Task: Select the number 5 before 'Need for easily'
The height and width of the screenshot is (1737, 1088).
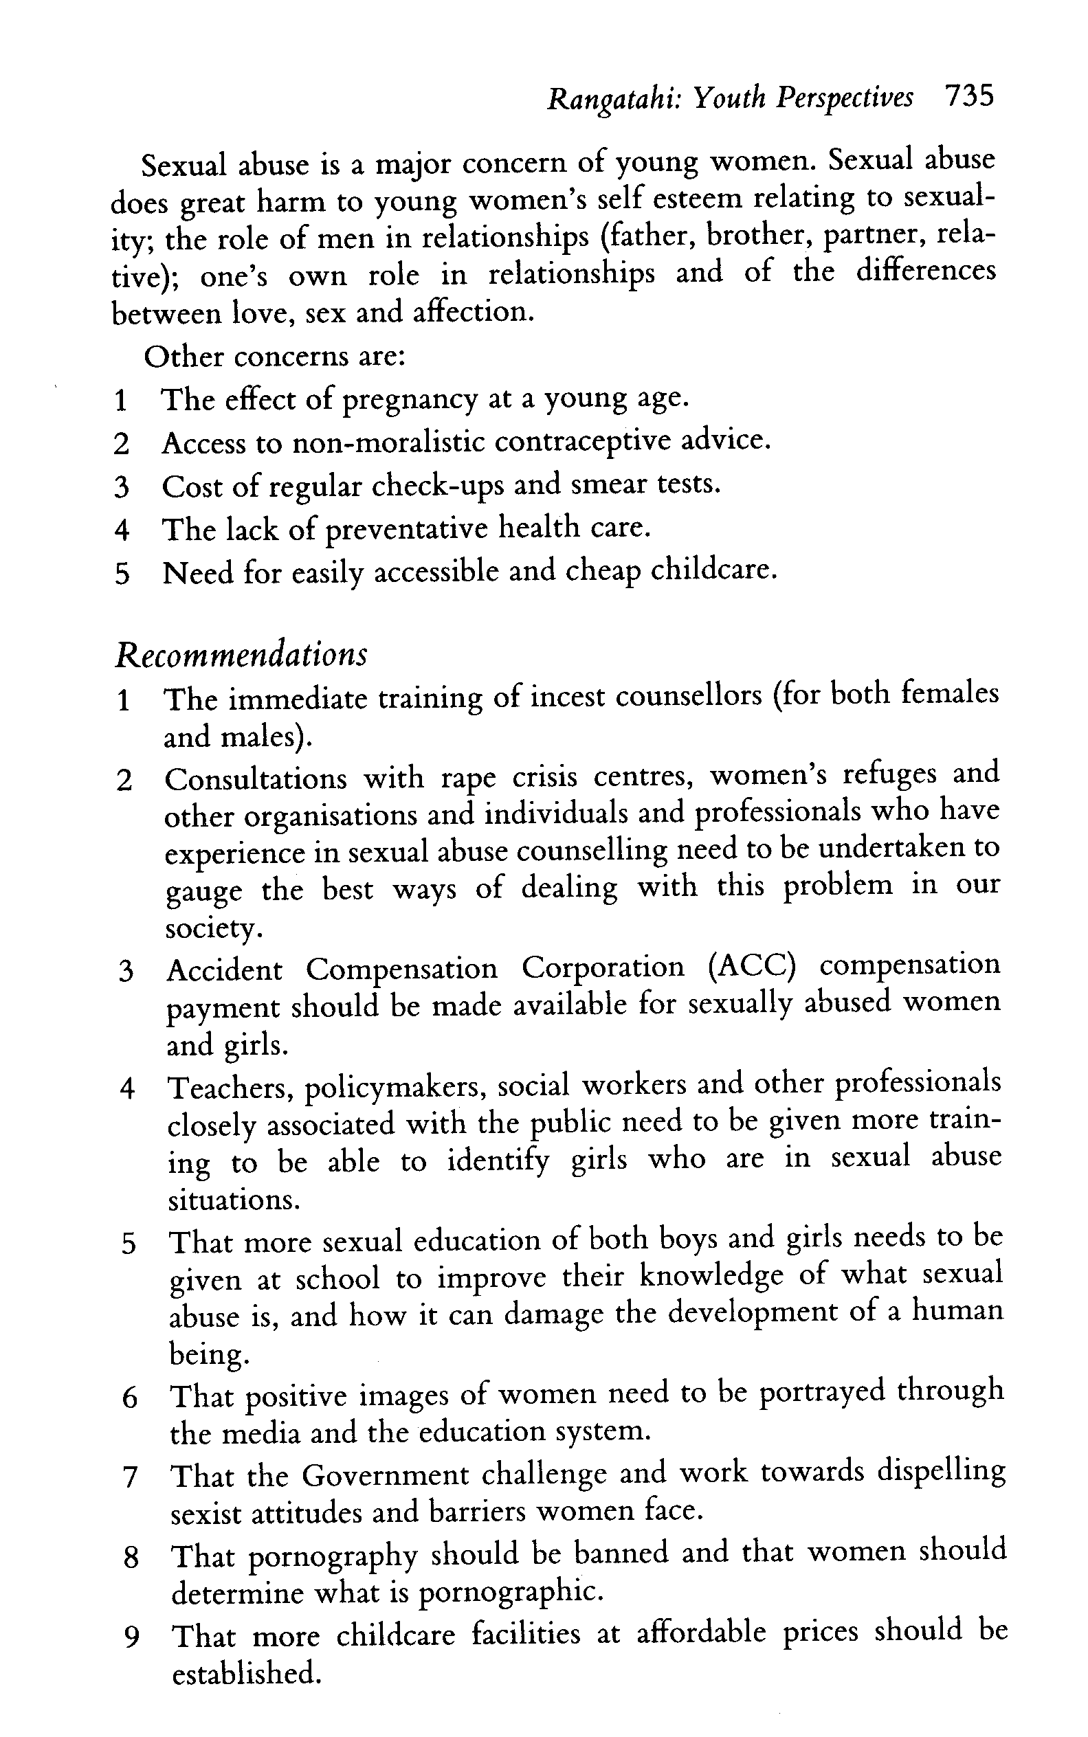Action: point(122,574)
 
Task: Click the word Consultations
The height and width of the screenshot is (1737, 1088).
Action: point(256,779)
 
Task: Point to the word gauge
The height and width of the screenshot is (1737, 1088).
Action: point(203,893)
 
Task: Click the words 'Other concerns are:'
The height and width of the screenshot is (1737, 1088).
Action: point(274,357)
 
